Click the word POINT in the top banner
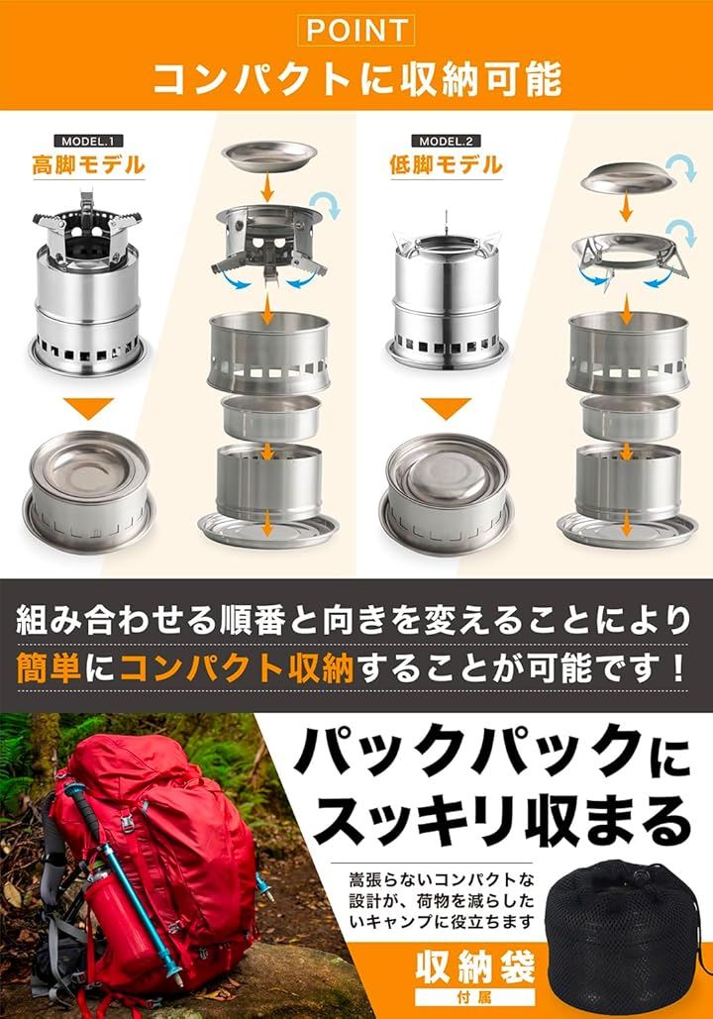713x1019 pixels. (x=356, y=30)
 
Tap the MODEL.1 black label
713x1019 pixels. (x=88, y=141)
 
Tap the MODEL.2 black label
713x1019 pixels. (x=446, y=141)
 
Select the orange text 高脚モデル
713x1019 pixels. (x=88, y=165)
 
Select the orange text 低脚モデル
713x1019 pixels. (x=446, y=165)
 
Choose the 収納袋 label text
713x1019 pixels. (x=475, y=968)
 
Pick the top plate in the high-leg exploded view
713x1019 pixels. (x=269, y=157)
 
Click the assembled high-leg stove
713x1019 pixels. (x=88, y=286)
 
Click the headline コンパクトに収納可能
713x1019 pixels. (x=356, y=79)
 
